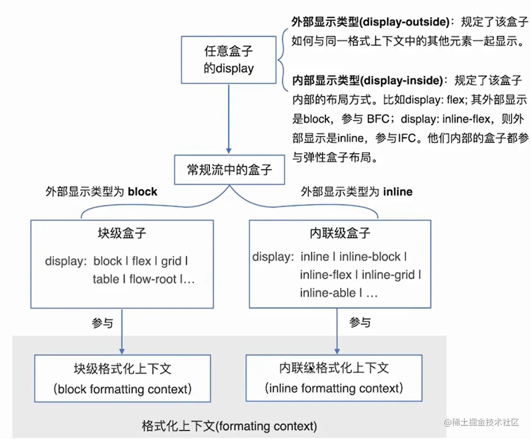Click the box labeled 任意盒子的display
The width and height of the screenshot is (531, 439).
click(229, 60)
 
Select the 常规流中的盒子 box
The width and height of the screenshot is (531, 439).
click(229, 170)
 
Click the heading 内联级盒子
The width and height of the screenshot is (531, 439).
click(339, 233)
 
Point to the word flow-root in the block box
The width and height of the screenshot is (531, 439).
click(153, 280)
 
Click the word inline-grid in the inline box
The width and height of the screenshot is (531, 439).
click(389, 275)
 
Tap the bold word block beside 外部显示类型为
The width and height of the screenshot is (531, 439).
click(142, 192)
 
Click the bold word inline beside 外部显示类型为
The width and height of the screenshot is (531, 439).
click(398, 192)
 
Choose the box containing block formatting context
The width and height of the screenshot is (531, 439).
click(122, 378)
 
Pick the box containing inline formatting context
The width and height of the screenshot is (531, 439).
click(333, 378)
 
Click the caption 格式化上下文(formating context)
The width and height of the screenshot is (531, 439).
click(229, 426)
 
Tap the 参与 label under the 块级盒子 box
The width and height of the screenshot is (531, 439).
click(102, 323)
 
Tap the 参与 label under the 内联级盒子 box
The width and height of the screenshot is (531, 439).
click(360, 323)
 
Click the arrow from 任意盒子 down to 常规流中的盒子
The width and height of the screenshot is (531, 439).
click(229, 119)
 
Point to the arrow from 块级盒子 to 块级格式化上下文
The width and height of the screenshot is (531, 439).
click(122, 330)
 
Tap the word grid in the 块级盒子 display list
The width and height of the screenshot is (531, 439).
click(171, 261)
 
